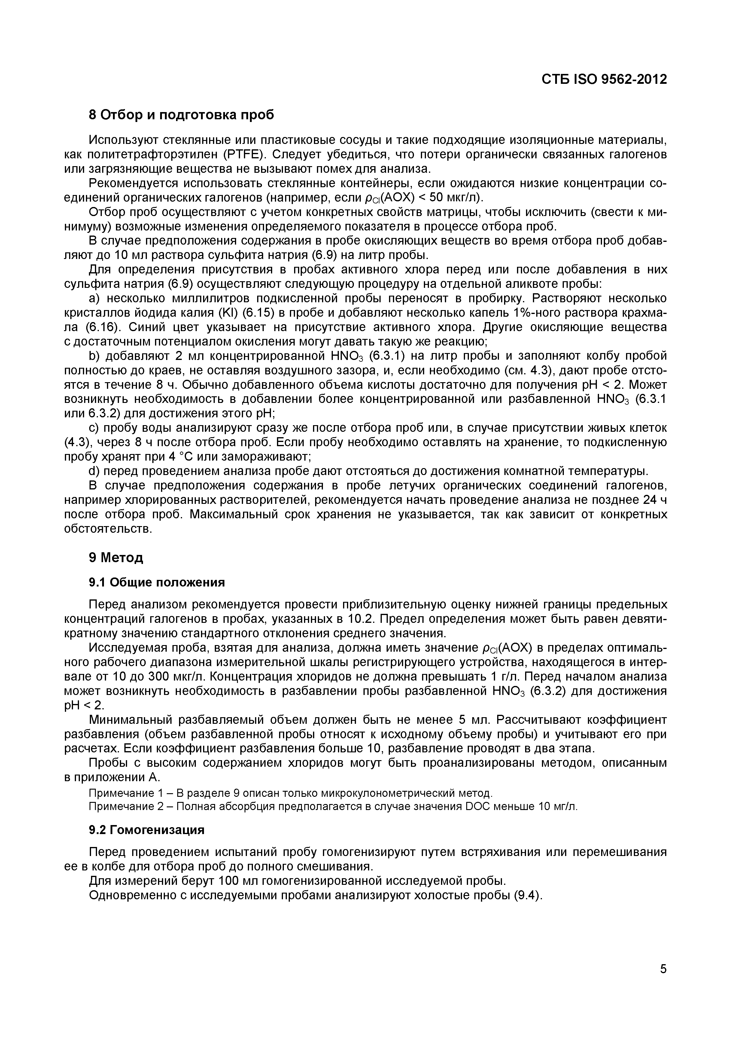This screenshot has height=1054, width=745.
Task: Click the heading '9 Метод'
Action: (x=116, y=557)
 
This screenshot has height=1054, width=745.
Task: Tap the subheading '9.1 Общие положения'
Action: (x=157, y=583)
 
